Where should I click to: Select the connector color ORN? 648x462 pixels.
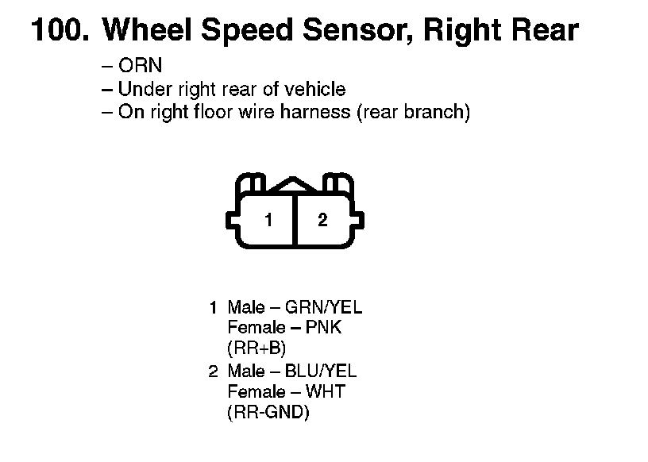[140, 67]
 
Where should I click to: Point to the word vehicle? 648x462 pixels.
[316, 89]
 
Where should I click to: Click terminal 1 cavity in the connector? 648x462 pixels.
[269, 220]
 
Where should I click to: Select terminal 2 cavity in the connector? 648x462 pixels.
[322, 220]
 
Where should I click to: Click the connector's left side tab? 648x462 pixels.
[233, 220]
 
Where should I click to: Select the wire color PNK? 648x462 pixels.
[322, 327]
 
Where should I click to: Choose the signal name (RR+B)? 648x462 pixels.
[256, 348]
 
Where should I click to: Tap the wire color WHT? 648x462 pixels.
[324, 391]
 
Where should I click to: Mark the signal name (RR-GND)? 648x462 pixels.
[267, 413]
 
